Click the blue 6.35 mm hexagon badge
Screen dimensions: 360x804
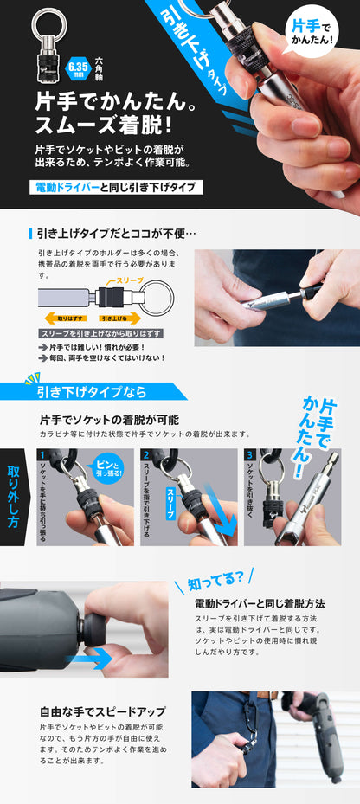click(77, 67)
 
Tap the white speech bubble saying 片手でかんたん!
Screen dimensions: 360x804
click(312, 31)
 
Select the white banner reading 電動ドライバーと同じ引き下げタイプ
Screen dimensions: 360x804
click(115, 187)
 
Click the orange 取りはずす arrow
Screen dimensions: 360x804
click(65, 318)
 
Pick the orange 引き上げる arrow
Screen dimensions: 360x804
click(119, 318)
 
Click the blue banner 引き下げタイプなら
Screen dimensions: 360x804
click(93, 392)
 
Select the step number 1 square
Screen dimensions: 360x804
click(42, 454)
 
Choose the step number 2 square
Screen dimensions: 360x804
click(146, 454)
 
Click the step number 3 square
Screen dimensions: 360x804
click(250, 454)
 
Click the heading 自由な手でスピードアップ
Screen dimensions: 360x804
click(103, 711)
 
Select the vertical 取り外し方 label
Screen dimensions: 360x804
click(13, 498)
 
